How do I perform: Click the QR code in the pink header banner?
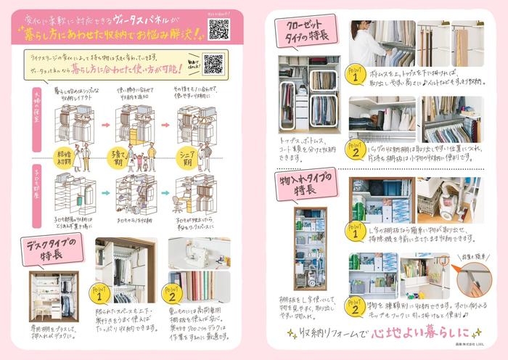click(218, 29)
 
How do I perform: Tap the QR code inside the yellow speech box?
click(213, 64)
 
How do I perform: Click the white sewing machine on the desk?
click(189, 255)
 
